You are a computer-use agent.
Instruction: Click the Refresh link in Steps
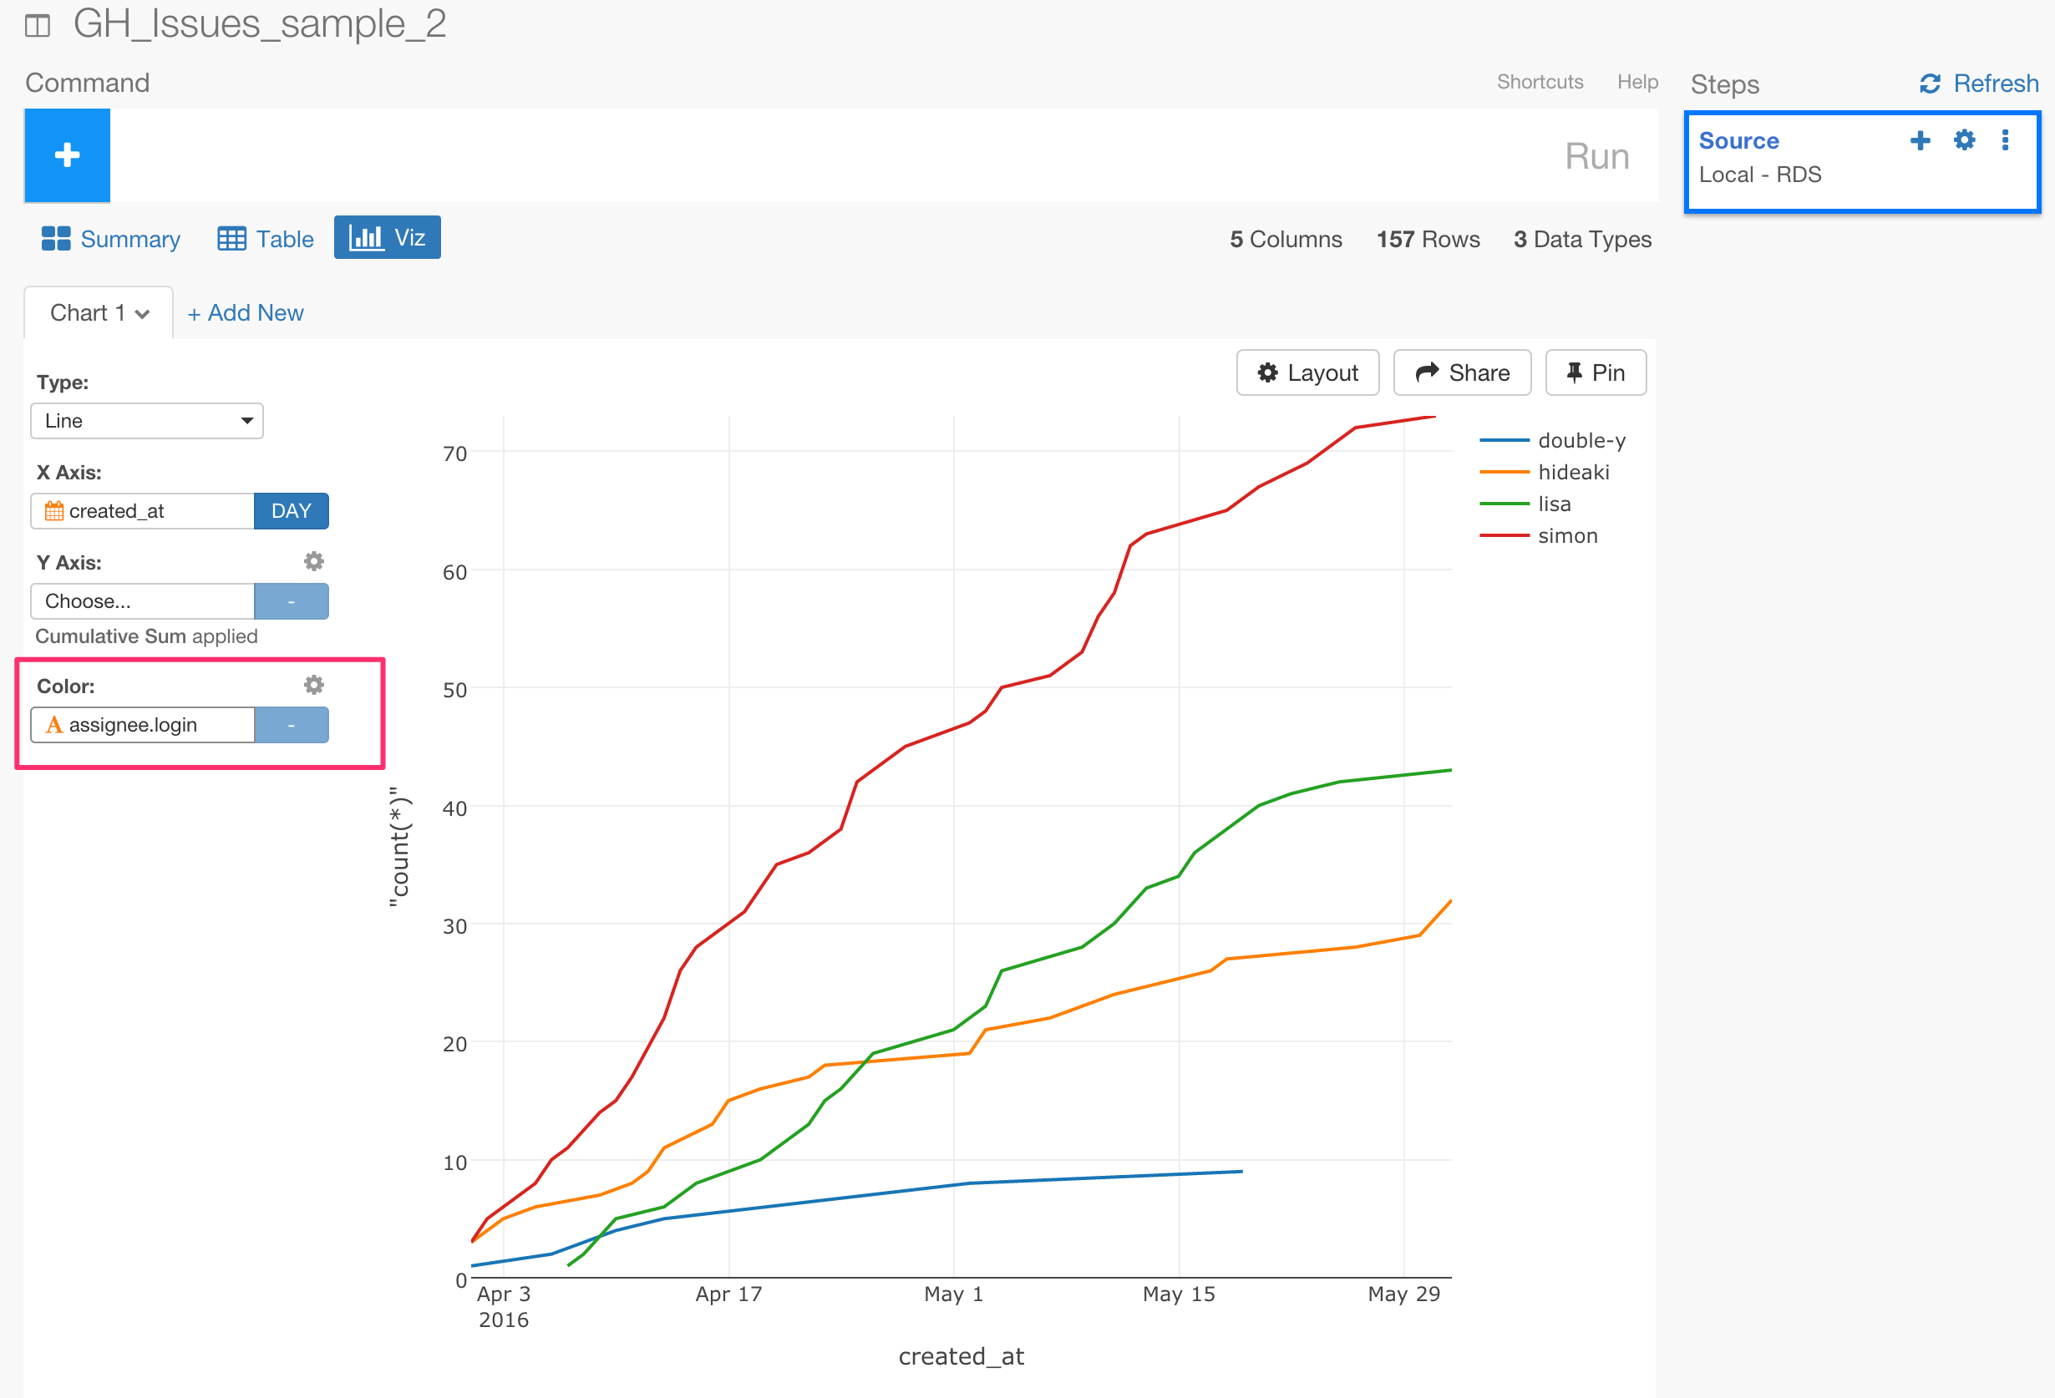(1979, 84)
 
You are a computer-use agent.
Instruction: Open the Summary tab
(111, 239)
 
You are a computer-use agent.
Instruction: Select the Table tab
(266, 239)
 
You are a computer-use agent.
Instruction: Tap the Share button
(1462, 373)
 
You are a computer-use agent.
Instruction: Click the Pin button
(1596, 373)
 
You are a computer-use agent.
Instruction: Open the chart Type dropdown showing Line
(147, 421)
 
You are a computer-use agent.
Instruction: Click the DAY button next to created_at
(291, 511)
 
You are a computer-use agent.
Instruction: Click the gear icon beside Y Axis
(314, 561)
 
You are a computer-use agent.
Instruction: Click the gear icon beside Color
(314, 686)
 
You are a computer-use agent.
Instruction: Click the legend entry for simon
(1567, 536)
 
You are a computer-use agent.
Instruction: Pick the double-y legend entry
(1581, 440)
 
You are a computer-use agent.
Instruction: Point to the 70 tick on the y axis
(454, 453)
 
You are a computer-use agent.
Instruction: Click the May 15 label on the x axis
(1179, 1294)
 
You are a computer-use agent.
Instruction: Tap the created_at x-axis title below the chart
(962, 1355)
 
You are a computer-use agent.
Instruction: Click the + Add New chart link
(246, 313)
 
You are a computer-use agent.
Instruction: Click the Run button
(1596, 156)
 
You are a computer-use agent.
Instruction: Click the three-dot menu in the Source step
(2005, 140)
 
